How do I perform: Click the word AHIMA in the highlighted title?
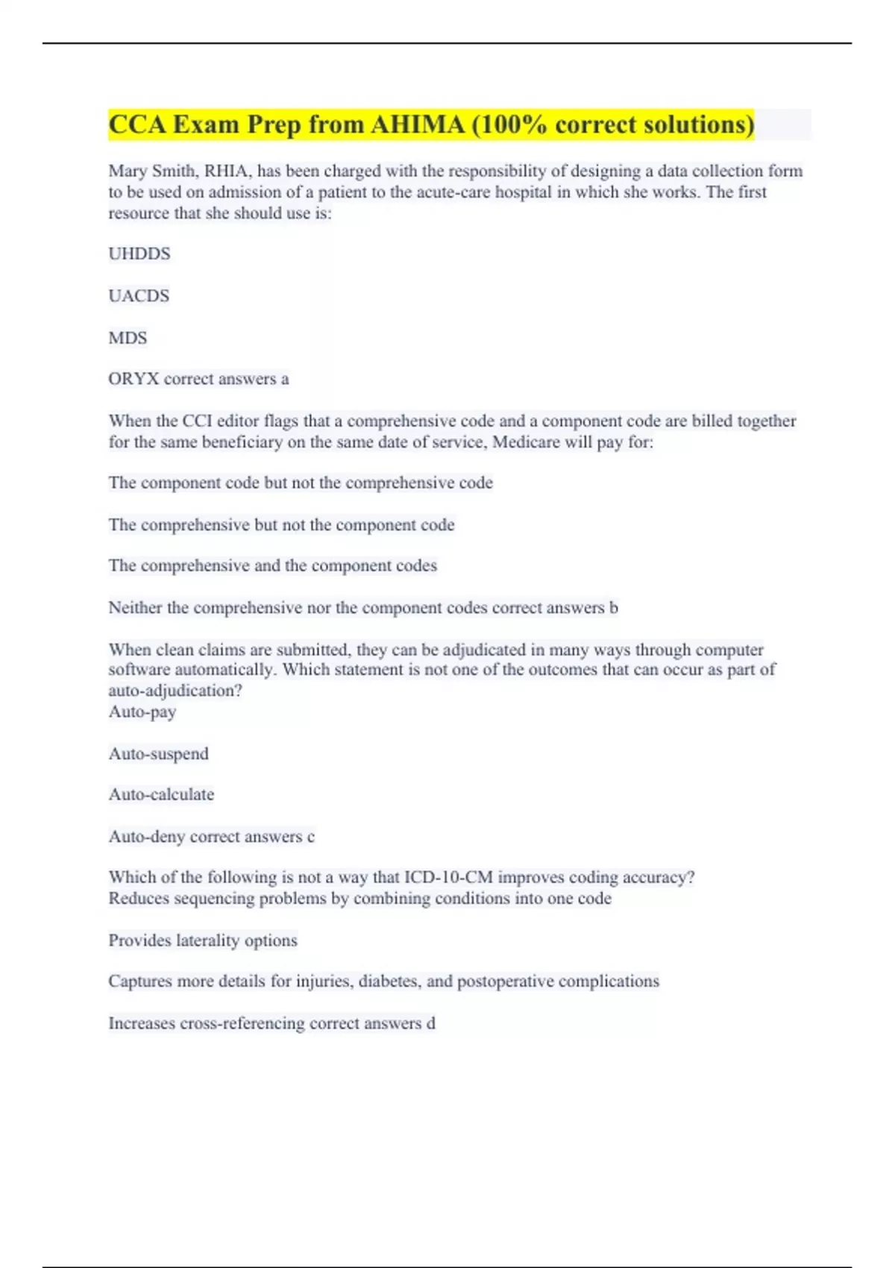[x=418, y=125]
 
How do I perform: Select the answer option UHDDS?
[x=139, y=254]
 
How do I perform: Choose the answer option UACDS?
[x=139, y=296]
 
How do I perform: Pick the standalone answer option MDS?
[x=128, y=338]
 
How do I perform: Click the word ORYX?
[x=134, y=379]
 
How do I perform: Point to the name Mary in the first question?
[x=128, y=172]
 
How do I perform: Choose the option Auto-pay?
[x=142, y=712]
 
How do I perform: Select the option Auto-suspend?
[x=159, y=754]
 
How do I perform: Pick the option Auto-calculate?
[x=161, y=795]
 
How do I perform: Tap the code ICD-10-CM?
[x=448, y=877]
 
